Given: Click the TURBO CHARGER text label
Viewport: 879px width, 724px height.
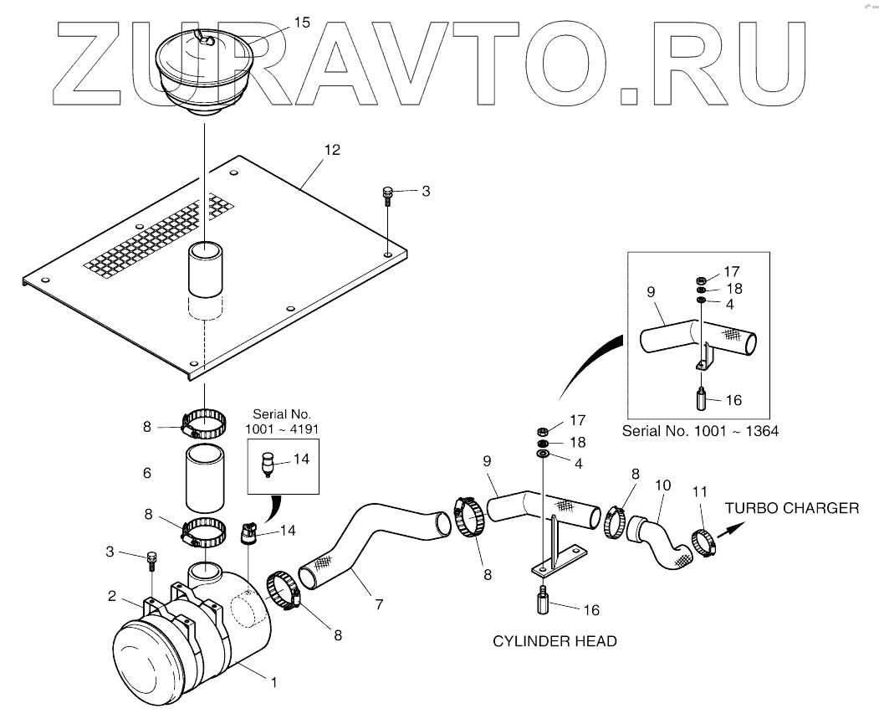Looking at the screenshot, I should click(791, 508).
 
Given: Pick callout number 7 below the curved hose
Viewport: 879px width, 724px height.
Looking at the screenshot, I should click(380, 603).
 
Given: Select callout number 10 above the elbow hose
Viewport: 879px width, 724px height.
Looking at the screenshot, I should click(662, 485).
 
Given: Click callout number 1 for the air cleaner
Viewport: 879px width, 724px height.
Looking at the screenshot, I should click(271, 682).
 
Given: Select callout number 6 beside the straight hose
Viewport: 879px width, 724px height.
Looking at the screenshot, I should click(147, 473).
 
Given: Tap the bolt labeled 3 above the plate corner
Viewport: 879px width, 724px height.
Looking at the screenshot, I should click(387, 195).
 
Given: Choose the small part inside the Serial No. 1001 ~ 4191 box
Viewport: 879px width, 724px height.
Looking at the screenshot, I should click(269, 464).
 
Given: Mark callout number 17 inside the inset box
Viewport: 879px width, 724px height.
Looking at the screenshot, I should click(732, 271).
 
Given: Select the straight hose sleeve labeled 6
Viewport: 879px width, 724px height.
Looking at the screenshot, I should click(203, 477).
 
